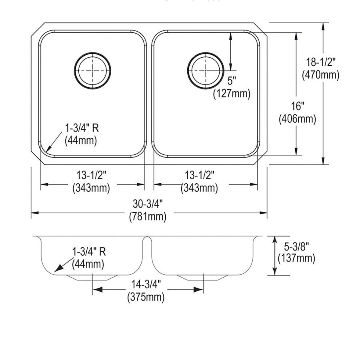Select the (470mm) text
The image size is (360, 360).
(320, 74)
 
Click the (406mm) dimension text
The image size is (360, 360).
(297, 119)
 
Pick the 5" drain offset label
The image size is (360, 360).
(232, 81)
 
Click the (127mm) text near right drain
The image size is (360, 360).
(232, 94)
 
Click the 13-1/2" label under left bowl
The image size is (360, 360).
(91, 175)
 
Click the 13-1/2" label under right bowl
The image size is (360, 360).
(199, 175)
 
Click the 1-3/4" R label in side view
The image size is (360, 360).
(89, 252)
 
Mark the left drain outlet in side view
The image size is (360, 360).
(92, 277)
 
